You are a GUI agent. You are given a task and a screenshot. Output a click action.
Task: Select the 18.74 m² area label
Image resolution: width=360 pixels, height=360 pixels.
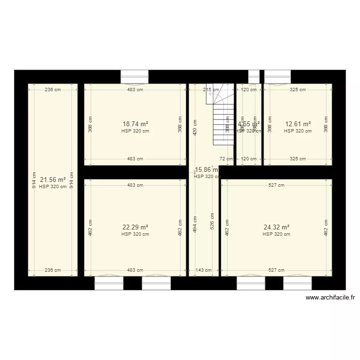click(x=135, y=124)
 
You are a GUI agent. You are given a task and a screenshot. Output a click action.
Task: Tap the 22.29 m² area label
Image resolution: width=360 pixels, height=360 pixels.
click(x=135, y=228)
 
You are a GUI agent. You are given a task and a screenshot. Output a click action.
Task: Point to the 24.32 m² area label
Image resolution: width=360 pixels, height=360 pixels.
click(x=276, y=228)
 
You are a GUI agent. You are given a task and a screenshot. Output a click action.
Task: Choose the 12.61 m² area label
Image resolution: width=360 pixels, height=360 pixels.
click(x=298, y=124)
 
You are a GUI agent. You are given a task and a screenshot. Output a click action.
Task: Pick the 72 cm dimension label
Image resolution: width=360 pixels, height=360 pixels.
click(x=222, y=158)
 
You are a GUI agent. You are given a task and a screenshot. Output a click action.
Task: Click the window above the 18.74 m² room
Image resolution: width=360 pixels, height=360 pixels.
click(x=134, y=76)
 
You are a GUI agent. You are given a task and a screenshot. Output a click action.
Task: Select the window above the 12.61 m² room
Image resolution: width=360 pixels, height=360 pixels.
click(x=277, y=76)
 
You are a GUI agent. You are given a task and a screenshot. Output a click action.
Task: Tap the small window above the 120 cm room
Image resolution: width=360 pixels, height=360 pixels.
click(x=253, y=76)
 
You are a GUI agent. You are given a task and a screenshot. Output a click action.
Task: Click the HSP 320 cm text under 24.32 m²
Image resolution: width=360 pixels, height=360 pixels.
click(x=276, y=234)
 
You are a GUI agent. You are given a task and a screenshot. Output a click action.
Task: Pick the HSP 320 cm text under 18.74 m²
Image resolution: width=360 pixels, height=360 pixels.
click(x=135, y=131)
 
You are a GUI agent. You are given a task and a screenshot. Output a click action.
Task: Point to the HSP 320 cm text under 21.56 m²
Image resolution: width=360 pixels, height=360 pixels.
click(x=53, y=187)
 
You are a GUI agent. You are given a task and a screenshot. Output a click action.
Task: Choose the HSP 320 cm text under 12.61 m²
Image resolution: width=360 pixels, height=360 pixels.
click(x=298, y=131)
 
